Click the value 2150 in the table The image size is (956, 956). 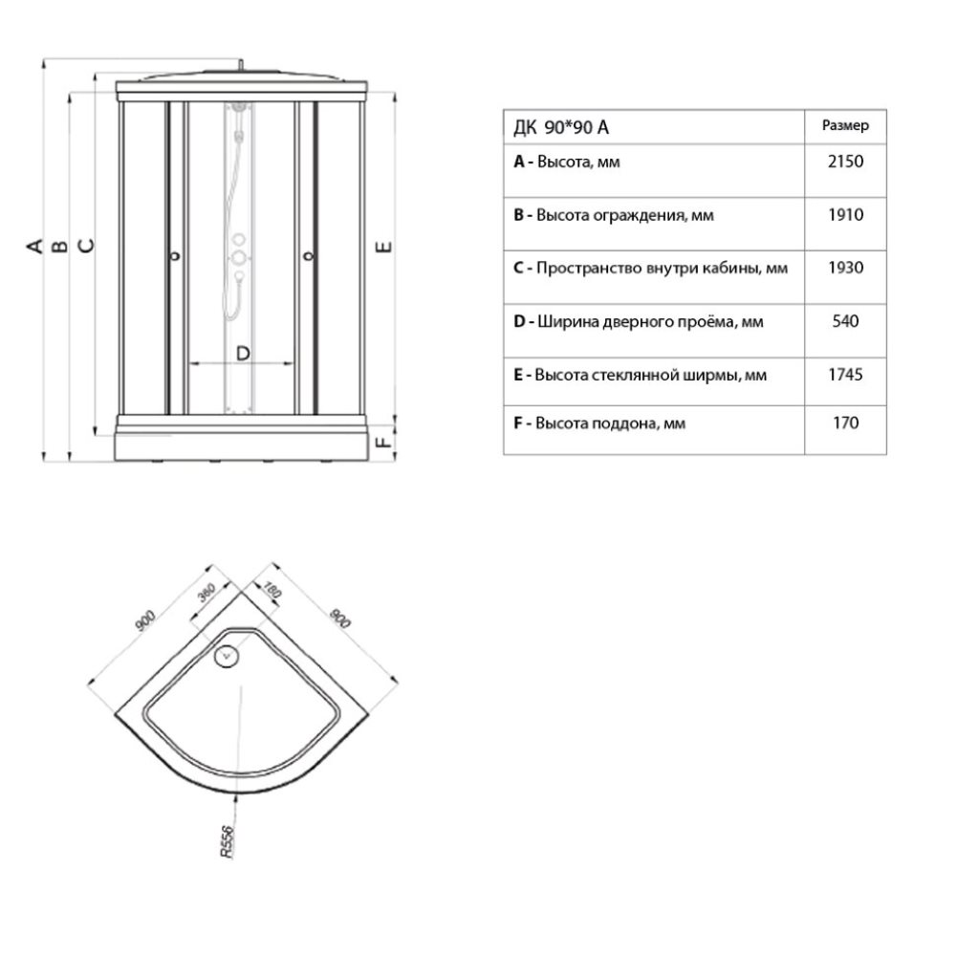[845, 162]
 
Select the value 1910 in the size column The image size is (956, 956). [845, 214]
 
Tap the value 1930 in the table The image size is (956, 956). [845, 268]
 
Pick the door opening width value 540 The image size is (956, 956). [845, 321]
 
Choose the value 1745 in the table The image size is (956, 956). [845, 375]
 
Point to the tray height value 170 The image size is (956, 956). [846, 423]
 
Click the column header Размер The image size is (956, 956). [845, 125]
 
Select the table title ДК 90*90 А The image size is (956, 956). [561, 127]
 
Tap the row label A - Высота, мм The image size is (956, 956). [566, 163]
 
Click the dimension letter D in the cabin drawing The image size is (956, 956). [243, 354]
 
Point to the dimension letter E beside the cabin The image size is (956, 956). [384, 247]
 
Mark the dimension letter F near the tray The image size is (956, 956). [384, 439]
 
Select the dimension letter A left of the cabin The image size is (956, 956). [35, 246]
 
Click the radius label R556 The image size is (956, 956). [227, 842]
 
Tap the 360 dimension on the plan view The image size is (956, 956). [206, 592]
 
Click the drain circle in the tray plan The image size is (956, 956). [227, 656]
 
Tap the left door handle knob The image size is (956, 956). [175, 256]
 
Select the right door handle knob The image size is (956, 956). [309, 256]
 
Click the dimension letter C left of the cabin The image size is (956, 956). [88, 246]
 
